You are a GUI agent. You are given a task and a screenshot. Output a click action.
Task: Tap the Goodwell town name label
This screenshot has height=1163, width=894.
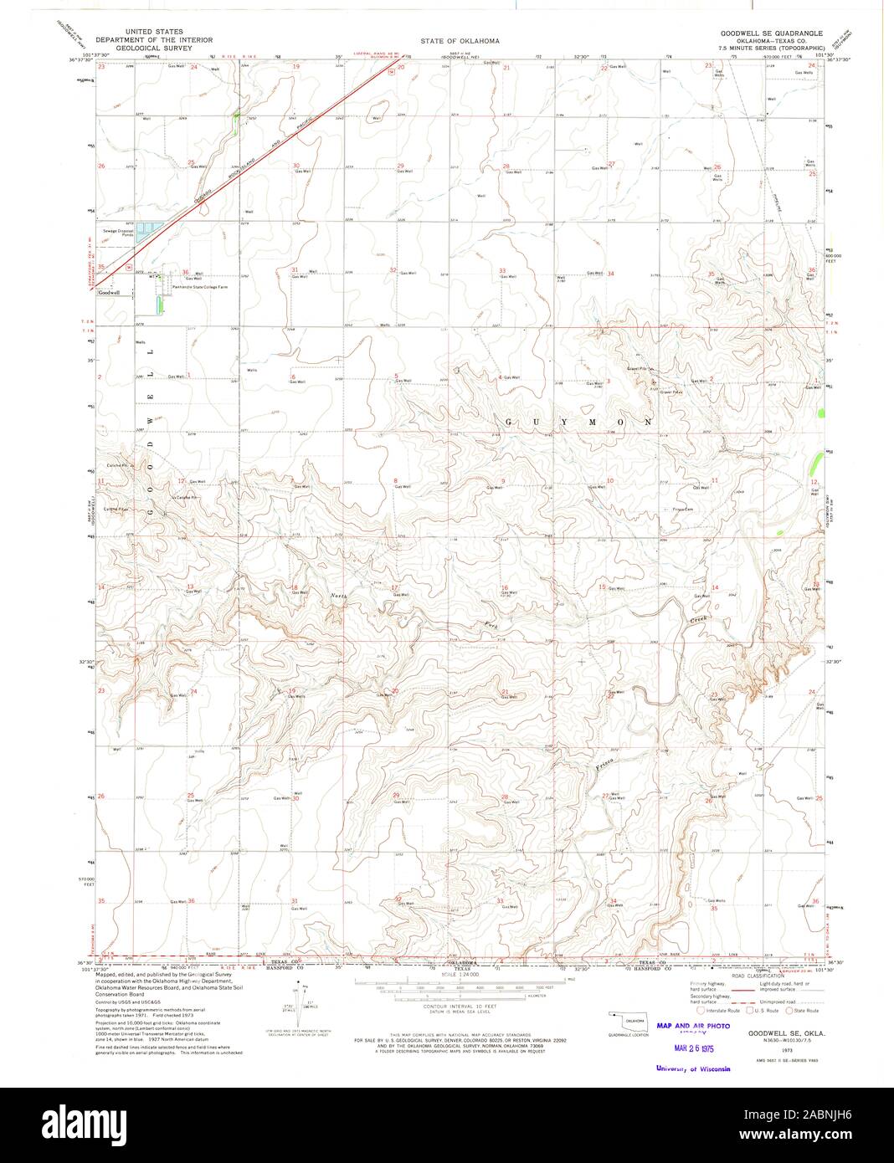click(109, 293)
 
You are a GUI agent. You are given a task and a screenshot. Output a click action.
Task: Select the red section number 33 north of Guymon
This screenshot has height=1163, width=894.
click(502, 270)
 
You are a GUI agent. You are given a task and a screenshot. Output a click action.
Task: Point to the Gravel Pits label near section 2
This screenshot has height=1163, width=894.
click(643, 369)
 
